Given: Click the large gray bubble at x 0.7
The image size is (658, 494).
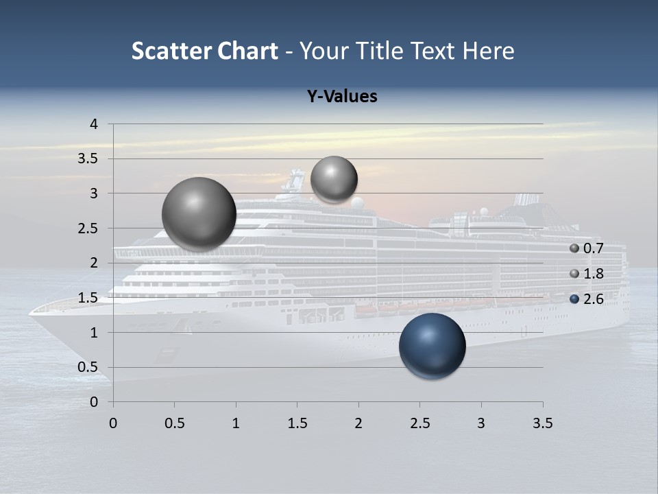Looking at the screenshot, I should tap(199, 214).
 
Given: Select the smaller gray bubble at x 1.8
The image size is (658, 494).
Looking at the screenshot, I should tap(334, 179).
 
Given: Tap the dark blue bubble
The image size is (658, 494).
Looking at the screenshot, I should tap(432, 346).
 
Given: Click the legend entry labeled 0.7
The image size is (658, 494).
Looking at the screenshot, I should tap(587, 248).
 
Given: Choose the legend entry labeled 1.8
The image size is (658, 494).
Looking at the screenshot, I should tap(587, 274).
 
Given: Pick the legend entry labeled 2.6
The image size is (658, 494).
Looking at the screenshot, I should tap(587, 299).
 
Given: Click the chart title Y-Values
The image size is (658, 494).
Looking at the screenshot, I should tap(341, 97).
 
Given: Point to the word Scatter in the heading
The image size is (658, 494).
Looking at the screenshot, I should tap(171, 51).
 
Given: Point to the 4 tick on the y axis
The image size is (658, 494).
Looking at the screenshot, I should tap(94, 124).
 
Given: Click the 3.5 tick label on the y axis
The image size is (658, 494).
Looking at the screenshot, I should tap(90, 158).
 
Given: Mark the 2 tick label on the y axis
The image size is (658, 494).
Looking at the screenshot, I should tap(94, 263).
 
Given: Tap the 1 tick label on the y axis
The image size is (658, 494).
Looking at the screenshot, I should tap(94, 332).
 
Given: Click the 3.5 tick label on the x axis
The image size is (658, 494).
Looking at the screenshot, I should tap(542, 423).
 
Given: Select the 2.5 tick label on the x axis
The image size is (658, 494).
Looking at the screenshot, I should tap(419, 423).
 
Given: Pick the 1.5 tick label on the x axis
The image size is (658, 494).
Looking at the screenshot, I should tap(297, 423).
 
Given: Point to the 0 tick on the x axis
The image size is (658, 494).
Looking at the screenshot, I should tap(113, 423).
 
